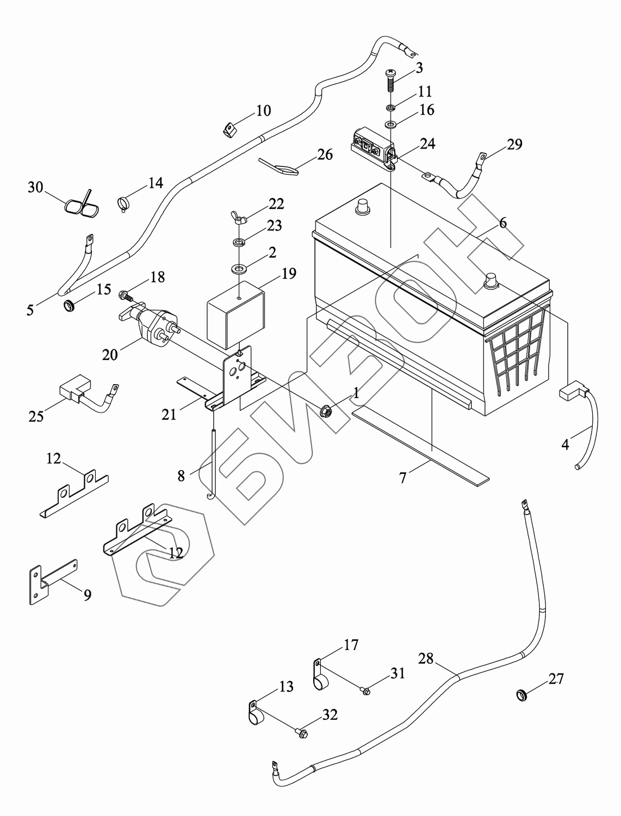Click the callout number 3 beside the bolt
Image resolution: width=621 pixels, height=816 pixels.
click(x=419, y=67)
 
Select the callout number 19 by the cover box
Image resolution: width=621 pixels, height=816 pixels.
click(x=289, y=273)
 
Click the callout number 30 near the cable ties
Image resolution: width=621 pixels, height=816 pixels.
click(x=35, y=188)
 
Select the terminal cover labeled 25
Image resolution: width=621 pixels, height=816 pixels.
click(x=70, y=390)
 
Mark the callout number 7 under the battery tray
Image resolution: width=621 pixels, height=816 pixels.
click(x=402, y=479)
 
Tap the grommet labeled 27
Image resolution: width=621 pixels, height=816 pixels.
click(x=522, y=695)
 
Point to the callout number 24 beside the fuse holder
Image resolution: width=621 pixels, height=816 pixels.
click(x=427, y=144)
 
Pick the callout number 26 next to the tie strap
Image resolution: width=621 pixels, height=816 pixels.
click(x=325, y=154)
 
